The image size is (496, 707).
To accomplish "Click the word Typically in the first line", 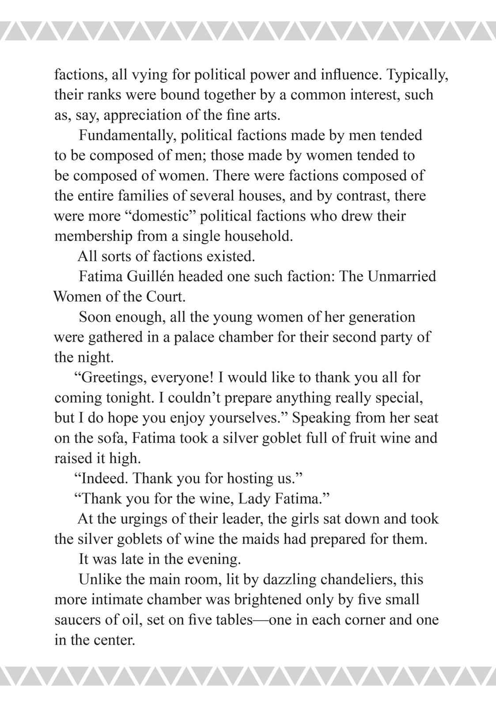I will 417,75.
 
